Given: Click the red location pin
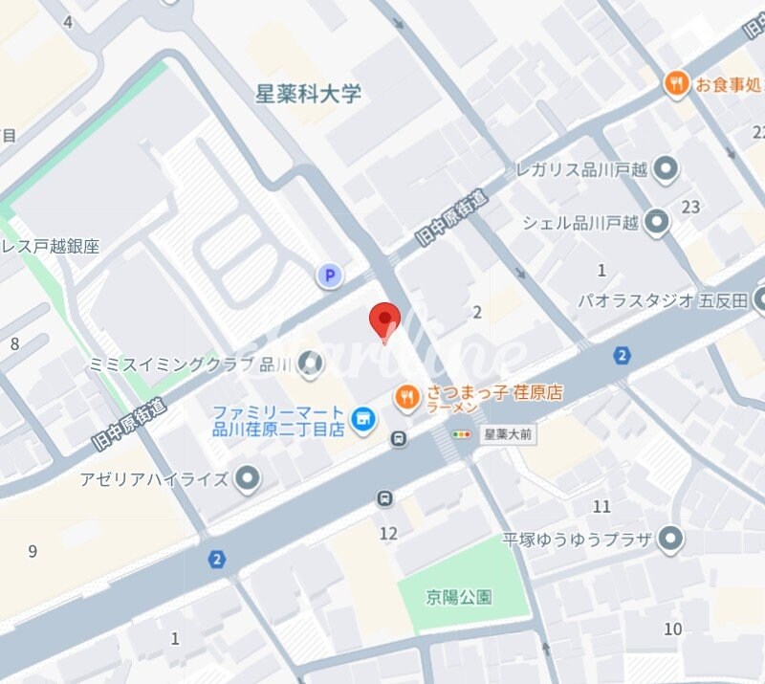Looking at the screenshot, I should [384, 320].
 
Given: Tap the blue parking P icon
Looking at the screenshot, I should [329, 276].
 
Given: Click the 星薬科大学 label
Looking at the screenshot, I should [309, 94].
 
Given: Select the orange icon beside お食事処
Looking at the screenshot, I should [677, 84].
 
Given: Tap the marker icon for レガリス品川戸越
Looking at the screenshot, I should [666, 171].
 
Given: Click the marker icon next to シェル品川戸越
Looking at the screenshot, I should [656, 223].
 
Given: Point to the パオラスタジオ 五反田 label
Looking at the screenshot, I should [663, 300].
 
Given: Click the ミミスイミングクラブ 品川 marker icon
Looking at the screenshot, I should [310, 363].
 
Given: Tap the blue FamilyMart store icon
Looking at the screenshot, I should [362, 419].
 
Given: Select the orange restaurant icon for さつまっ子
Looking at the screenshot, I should [407, 396].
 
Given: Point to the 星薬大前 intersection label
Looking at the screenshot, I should [508, 433].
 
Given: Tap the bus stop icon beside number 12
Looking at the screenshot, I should [384, 498].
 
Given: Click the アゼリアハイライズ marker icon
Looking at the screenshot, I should [248, 477].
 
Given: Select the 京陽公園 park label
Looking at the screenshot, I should [459, 597].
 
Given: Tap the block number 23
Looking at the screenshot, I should [690, 207].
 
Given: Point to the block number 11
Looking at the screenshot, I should [601, 506].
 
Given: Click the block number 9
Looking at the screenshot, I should [33, 551].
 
